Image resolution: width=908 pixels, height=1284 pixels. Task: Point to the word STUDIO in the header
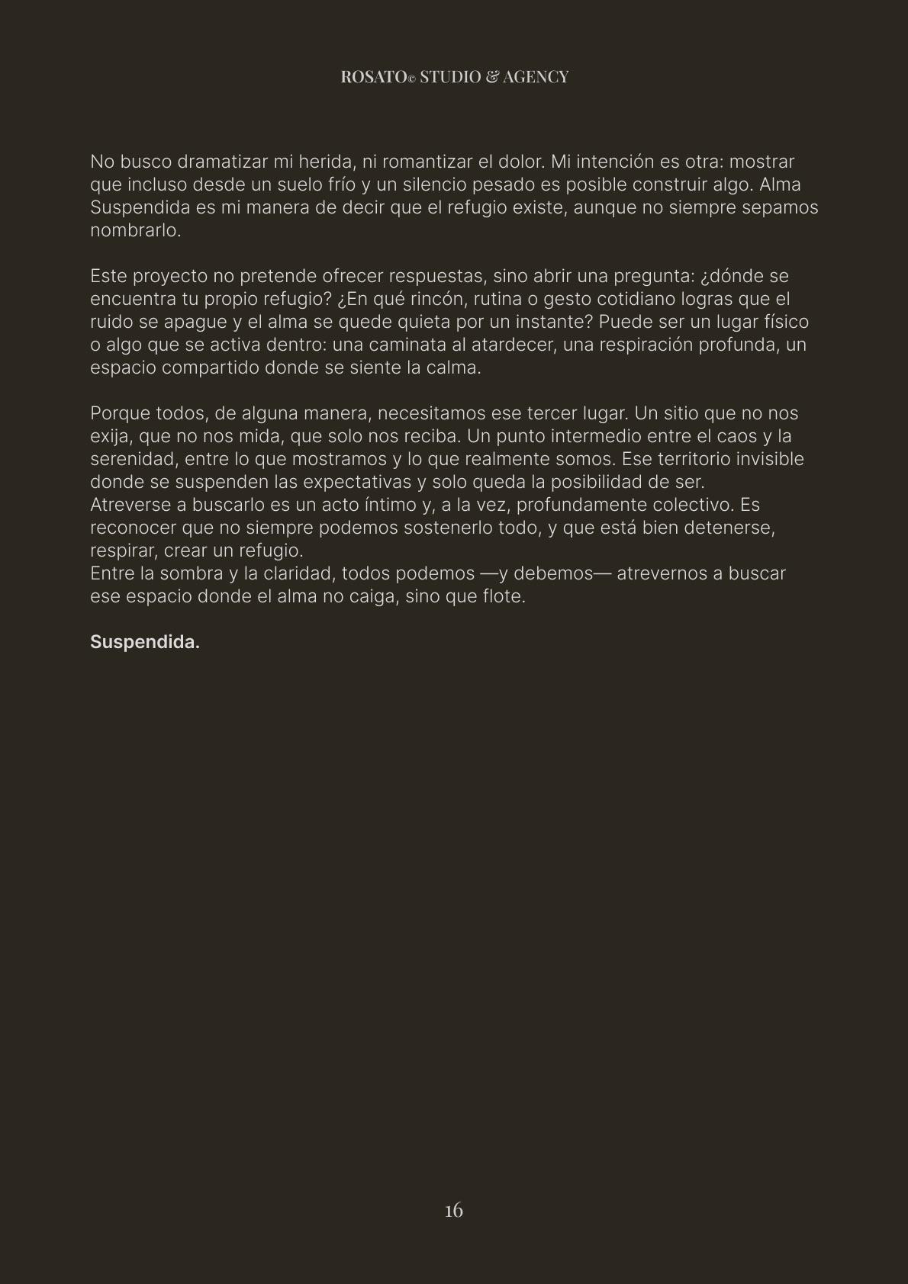click(x=450, y=77)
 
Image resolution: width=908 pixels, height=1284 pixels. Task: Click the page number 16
click(x=454, y=1211)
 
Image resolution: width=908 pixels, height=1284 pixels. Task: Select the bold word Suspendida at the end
click(x=144, y=642)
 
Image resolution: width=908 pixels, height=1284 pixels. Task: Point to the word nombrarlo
click(x=135, y=230)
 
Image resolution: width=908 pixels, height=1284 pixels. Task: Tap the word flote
click(x=504, y=596)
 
